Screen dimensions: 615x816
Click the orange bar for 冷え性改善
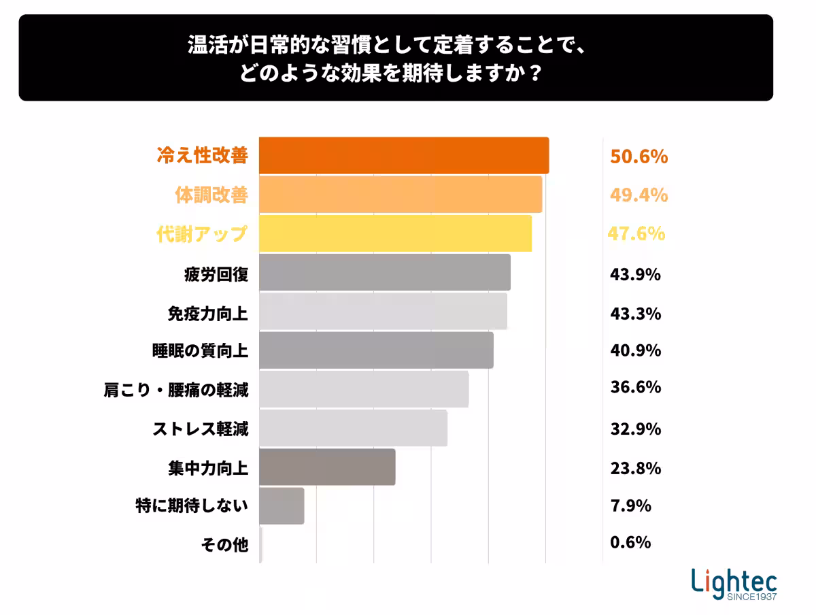[404, 155]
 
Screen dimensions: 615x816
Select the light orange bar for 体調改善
[401, 195]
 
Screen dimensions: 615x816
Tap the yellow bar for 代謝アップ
[395, 233]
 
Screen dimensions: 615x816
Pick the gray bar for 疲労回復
[384, 272]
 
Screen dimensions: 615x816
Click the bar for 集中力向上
[327, 467]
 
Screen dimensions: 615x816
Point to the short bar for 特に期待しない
[282, 505]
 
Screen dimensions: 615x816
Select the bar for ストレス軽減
[353, 428]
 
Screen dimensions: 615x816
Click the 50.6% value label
[639, 157]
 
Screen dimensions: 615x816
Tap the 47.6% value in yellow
[636, 234]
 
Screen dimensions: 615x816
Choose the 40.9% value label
[635, 351]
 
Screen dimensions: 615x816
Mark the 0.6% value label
[630, 542]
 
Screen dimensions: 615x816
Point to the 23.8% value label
[635, 468]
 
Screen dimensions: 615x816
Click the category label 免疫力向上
[207, 314]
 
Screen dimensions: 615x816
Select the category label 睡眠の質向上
[199, 351]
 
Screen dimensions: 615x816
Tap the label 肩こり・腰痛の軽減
[175, 390]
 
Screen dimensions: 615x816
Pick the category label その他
[224, 544]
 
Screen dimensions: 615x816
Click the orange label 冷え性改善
[202, 156]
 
